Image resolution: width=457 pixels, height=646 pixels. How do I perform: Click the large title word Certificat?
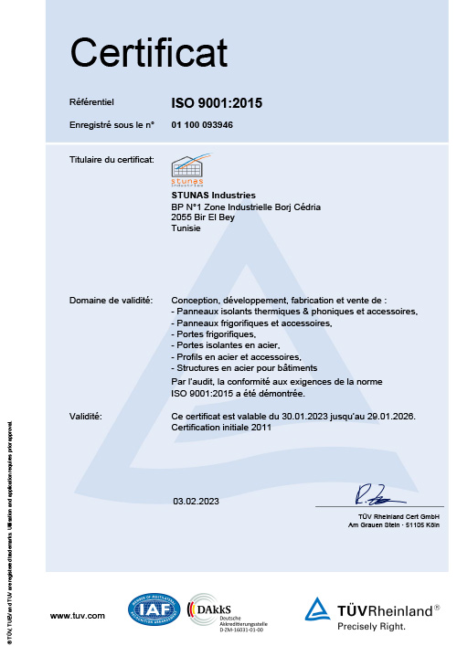pyautogui.click(x=149, y=49)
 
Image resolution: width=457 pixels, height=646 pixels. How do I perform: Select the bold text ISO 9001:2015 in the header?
pyautogui.click(x=218, y=103)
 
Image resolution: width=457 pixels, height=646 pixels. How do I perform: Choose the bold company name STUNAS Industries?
pyautogui.click(x=214, y=196)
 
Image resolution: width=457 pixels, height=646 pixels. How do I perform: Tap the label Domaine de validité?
pyautogui.click(x=111, y=301)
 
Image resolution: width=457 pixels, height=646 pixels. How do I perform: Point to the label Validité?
pyautogui.click(x=86, y=416)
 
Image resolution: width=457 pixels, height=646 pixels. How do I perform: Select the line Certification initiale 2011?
pyautogui.click(x=220, y=427)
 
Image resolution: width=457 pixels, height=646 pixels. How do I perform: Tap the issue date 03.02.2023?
pyautogui.click(x=197, y=502)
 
